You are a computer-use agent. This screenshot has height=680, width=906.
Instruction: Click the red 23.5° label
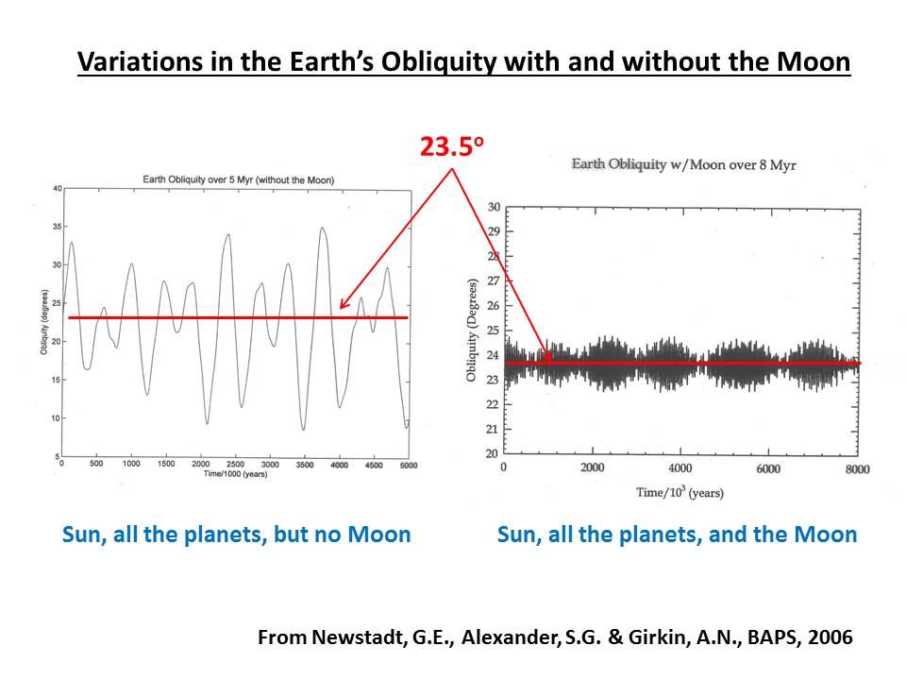451,147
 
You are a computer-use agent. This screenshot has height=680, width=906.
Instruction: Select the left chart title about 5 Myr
238,178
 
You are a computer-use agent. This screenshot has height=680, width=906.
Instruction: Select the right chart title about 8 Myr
683,164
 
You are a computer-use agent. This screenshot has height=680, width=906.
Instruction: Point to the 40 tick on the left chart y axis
57,189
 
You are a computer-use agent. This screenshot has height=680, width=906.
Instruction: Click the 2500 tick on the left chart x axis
235,465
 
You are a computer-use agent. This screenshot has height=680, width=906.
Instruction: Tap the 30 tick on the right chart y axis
493,207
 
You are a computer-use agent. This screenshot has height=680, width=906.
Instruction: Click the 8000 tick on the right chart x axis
855,468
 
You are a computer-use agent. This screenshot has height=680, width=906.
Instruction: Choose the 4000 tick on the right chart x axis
679,468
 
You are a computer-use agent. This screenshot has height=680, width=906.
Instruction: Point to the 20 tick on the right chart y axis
493,453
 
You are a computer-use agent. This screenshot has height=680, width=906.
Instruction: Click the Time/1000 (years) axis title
235,474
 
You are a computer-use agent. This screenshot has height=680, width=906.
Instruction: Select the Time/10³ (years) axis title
679,491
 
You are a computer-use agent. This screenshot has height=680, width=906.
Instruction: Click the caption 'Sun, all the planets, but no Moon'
236,535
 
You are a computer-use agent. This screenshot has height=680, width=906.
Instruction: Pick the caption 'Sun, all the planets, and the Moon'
677,535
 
